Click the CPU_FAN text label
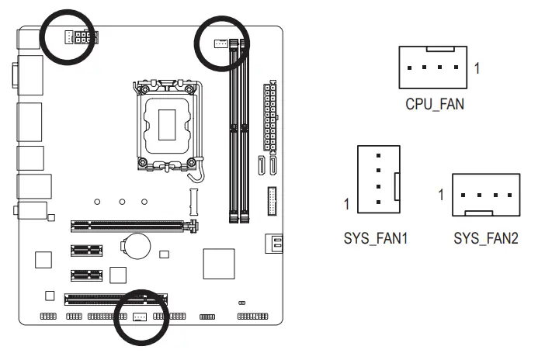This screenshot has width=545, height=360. coord(434,103)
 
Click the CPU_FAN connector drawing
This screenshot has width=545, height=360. coord(434,67)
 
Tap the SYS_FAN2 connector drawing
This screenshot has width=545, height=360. coord(485,195)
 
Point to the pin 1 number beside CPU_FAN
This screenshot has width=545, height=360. coord(477,68)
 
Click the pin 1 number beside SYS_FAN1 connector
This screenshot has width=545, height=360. coord(348,205)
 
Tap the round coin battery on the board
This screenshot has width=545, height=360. coord(138,246)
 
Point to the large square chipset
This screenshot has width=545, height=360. coord(218,263)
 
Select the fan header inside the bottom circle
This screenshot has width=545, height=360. coord(141,317)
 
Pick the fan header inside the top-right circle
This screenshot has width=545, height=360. coord(221,43)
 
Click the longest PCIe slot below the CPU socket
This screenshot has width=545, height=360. coord(133,227)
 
